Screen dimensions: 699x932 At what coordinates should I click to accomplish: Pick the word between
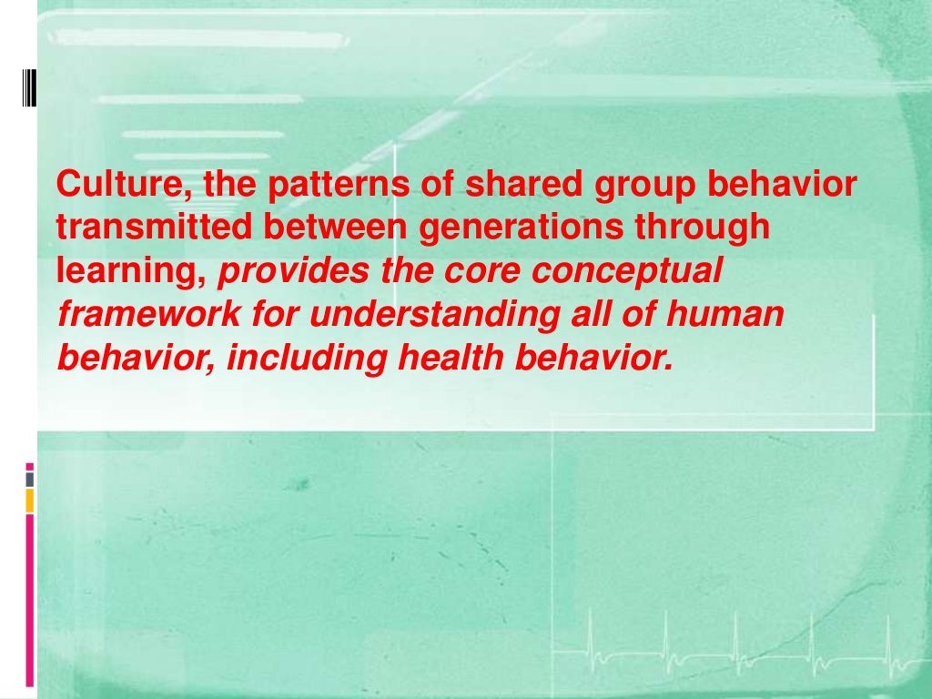click(x=336, y=228)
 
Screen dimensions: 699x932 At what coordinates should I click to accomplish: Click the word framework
click(x=147, y=315)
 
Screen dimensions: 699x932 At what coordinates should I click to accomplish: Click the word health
click(x=451, y=359)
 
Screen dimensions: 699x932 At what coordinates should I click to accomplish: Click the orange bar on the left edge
click(x=29, y=500)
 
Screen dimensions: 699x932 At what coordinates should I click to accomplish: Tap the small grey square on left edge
click(x=29, y=479)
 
